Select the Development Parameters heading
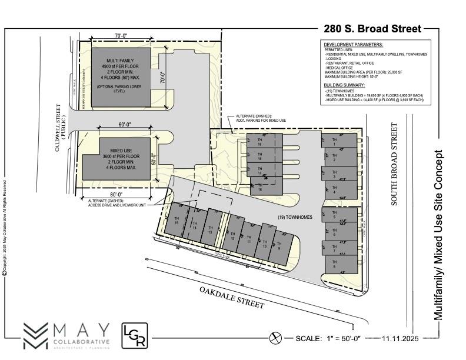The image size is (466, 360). pyautogui.click(x=353, y=45)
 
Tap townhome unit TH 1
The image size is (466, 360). pyautogui.click(x=339, y=141)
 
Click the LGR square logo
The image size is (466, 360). pyautogui.click(x=134, y=335)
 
